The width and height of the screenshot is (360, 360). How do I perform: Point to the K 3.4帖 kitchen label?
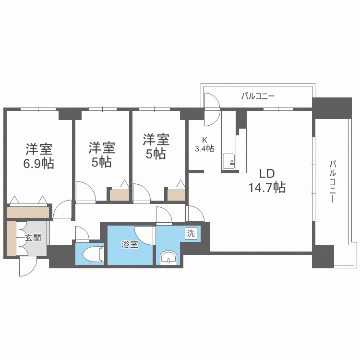204,144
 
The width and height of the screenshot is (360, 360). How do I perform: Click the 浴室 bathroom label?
129,244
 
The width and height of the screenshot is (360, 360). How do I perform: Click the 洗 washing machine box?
191,234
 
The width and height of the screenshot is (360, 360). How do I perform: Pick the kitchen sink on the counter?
229,160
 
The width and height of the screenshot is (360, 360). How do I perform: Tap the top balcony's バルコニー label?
258,96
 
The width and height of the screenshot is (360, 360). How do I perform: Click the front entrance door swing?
28,266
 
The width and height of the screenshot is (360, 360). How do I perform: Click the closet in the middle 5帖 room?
117,194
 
